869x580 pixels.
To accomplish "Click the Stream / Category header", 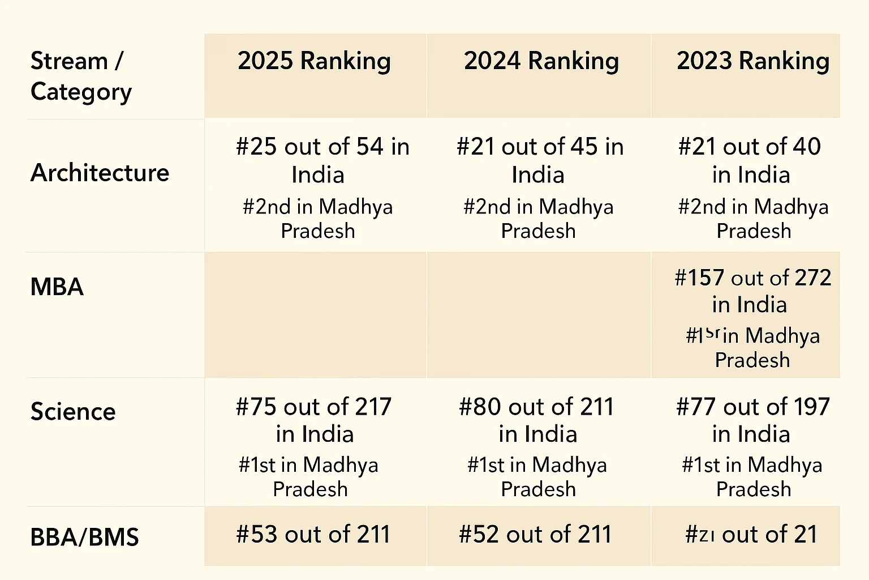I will pyautogui.click(x=81, y=76).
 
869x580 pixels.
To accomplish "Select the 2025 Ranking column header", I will pyautogui.click(x=314, y=61).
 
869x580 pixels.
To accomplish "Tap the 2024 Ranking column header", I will pyautogui.click(x=541, y=61).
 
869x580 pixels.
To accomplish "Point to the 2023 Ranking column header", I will pyautogui.click(x=752, y=61).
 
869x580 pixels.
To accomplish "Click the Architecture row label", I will pyautogui.click(x=100, y=173).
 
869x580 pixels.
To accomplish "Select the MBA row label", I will pyautogui.click(x=57, y=287).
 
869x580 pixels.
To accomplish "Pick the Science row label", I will pyautogui.click(x=73, y=412).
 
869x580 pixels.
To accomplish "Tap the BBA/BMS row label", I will pyautogui.click(x=84, y=537).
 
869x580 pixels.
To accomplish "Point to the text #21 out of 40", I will pyautogui.click(x=749, y=147).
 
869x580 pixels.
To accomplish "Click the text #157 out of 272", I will pyautogui.click(x=752, y=278).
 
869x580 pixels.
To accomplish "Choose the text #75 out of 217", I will pyautogui.click(x=313, y=407).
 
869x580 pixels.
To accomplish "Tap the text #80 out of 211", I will pyautogui.click(x=536, y=407).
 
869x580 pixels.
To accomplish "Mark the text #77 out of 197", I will pyautogui.click(x=752, y=407).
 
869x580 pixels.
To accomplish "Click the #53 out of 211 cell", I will pyautogui.click(x=313, y=535).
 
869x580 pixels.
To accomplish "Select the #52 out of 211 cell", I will pyautogui.click(x=535, y=535).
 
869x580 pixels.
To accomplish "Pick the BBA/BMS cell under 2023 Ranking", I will pyautogui.click(x=751, y=535).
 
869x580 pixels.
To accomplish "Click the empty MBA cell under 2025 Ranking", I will pyautogui.click(x=315, y=315).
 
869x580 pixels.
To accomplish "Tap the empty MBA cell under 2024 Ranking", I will pyautogui.click(x=539, y=315).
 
